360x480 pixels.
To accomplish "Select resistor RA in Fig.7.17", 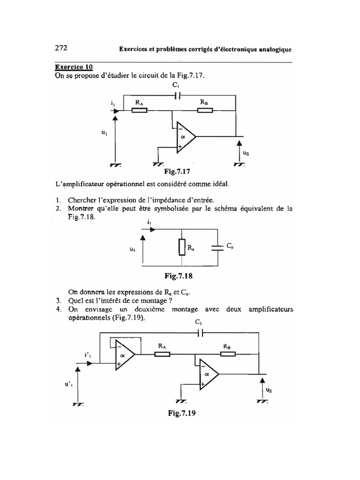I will pyautogui.click(x=139, y=111).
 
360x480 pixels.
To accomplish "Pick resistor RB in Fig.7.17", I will pyautogui.click(x=204, y=111).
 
